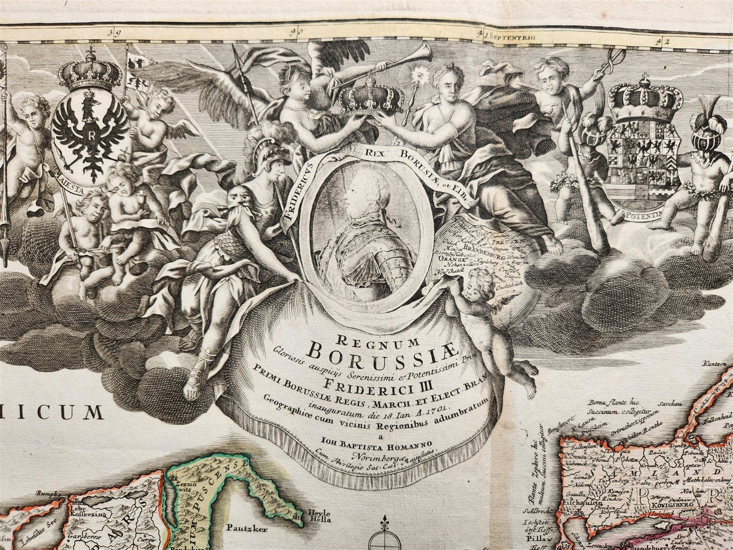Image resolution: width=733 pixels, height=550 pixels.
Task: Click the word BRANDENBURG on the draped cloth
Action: [x=482, y=250]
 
